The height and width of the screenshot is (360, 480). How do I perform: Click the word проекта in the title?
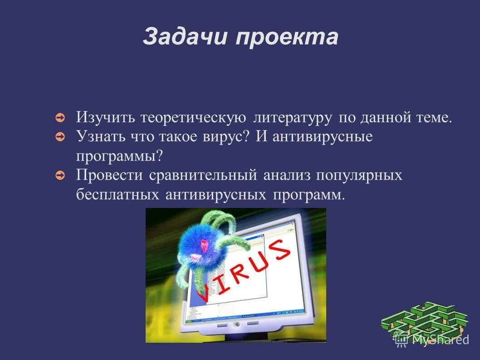tap(286, 37)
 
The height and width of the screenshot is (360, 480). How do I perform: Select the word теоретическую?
tap(193, 118)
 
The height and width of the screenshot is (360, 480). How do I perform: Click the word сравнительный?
tap(203, 175)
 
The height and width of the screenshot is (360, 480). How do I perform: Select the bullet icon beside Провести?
tap(60, 175)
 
